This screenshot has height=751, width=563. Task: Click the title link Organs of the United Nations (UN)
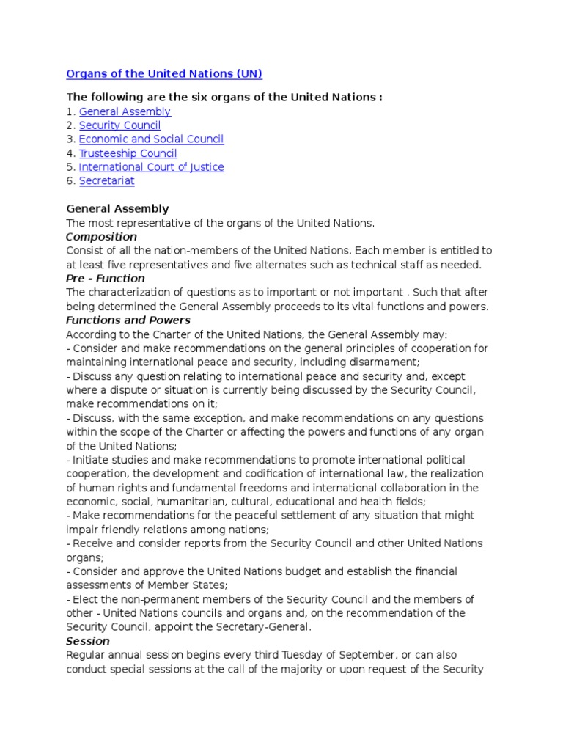point(163,73)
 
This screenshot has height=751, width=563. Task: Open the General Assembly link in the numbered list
point(125,111)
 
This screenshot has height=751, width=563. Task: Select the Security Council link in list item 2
point(119,125)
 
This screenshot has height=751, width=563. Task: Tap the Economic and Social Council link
point(151,139)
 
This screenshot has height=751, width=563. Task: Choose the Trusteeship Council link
point(128,153)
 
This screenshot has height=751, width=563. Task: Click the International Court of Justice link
point(151,167)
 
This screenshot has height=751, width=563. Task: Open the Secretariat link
point(106,181)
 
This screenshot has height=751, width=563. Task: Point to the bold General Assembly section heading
point(117,209)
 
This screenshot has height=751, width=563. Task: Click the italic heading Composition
point(101,237)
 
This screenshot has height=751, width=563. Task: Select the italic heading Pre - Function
point(105,279)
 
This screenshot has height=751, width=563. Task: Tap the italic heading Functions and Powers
point(128,320)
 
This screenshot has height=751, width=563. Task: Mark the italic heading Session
point(87,641)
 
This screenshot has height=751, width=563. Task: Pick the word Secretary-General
point(265,627)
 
